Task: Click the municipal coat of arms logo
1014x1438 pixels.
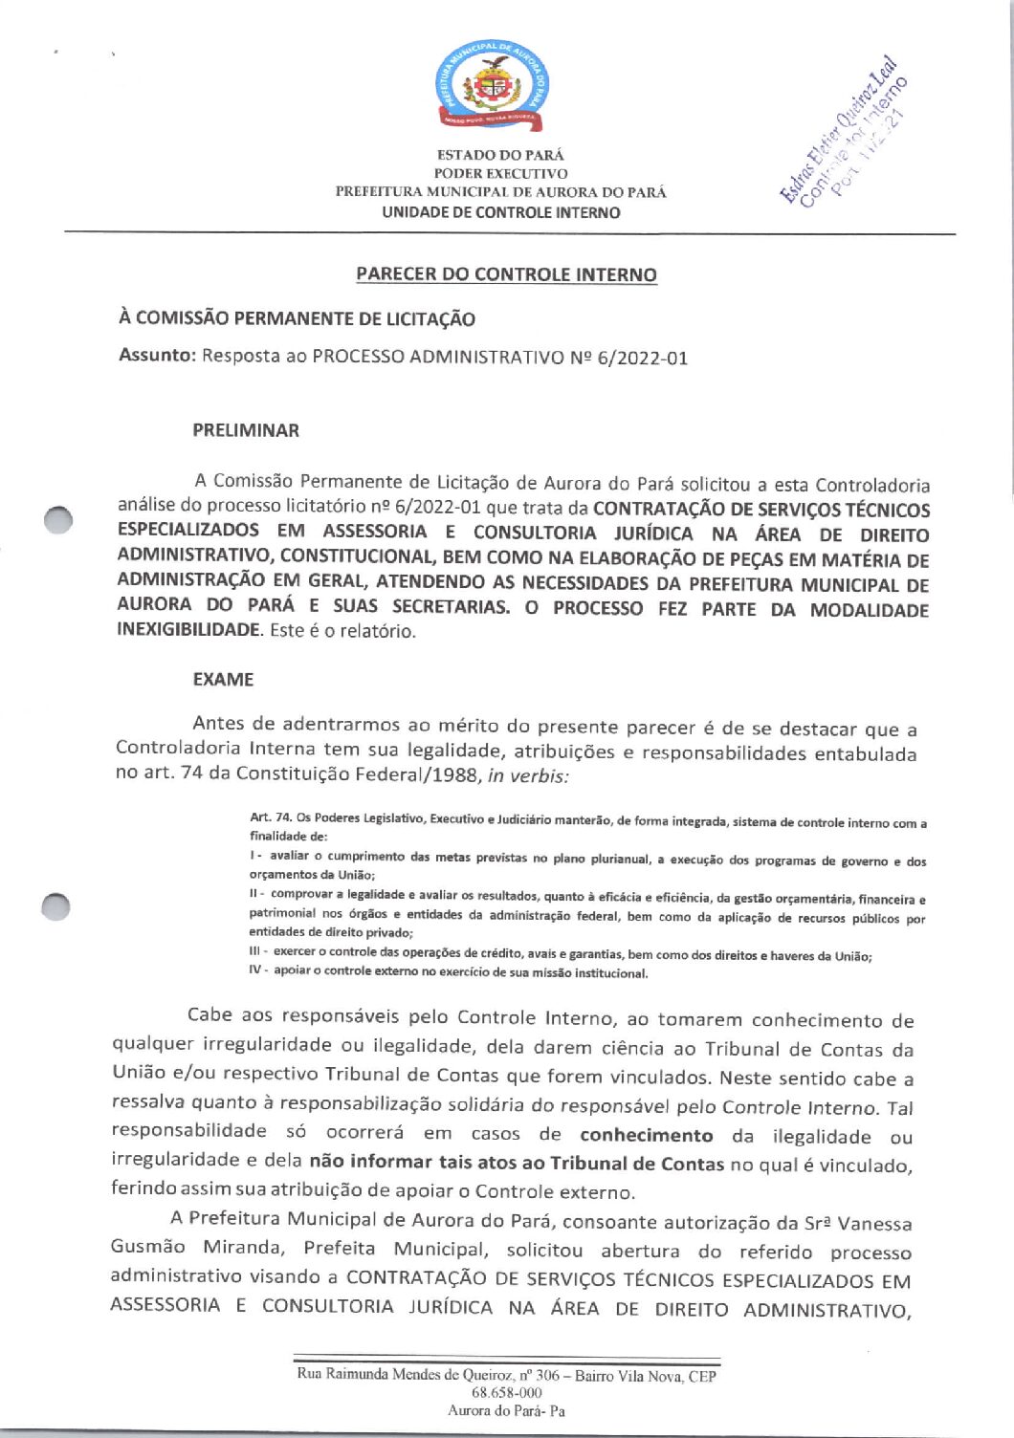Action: coord(493,88)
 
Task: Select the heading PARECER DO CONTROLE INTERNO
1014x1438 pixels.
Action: coord(506,274)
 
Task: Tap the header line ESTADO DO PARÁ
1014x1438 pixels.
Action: coord(500,155)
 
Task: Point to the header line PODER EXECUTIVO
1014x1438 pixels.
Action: coord(500,174)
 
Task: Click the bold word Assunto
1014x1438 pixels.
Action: coord(157,356)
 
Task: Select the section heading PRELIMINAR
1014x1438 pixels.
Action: coord(246,430)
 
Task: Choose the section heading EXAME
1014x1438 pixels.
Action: coord(223,680)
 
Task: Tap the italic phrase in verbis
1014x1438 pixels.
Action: coord(528,775)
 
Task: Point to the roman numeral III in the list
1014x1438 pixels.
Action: coord(256,952)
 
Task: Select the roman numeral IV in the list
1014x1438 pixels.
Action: coord(256,970)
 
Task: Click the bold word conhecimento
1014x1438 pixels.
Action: coord(647,1135)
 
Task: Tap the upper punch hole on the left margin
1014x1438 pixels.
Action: coord(58,519)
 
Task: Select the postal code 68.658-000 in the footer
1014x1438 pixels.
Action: coord(507,1393)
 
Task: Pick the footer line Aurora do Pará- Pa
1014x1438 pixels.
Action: coord(506,1410)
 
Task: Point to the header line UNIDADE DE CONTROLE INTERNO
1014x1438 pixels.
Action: coord(500,212)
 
